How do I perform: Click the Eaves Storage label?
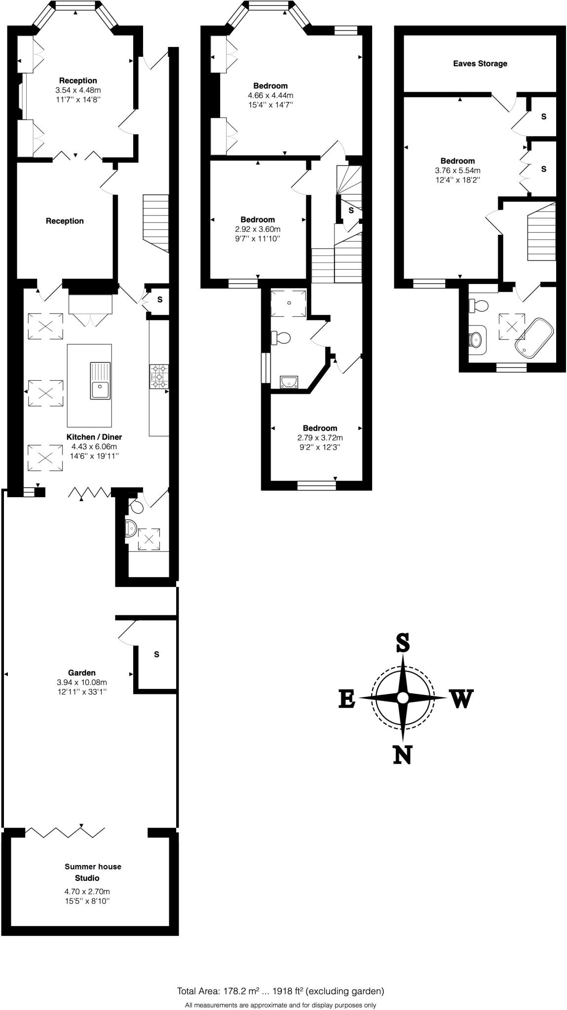click(480, 64)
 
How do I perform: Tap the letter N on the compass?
click(402, 754)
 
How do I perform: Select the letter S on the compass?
click(403, 643)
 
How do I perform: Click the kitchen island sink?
click(100, 381)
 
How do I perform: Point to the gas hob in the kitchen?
click(159, 376)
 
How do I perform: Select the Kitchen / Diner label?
click(94, 437)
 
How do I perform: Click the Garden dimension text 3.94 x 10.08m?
click(82, 683)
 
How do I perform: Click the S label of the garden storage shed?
click(156, 654)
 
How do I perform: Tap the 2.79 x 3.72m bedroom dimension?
click(320, 438)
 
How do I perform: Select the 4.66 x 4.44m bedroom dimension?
click(270, 95)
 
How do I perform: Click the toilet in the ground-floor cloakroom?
click(136, 505)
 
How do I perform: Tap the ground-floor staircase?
click(156, 222)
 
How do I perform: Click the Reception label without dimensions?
click(65, 221)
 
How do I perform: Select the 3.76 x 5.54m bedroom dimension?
click(457, 171)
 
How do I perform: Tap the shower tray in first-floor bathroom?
click(290, 302)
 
